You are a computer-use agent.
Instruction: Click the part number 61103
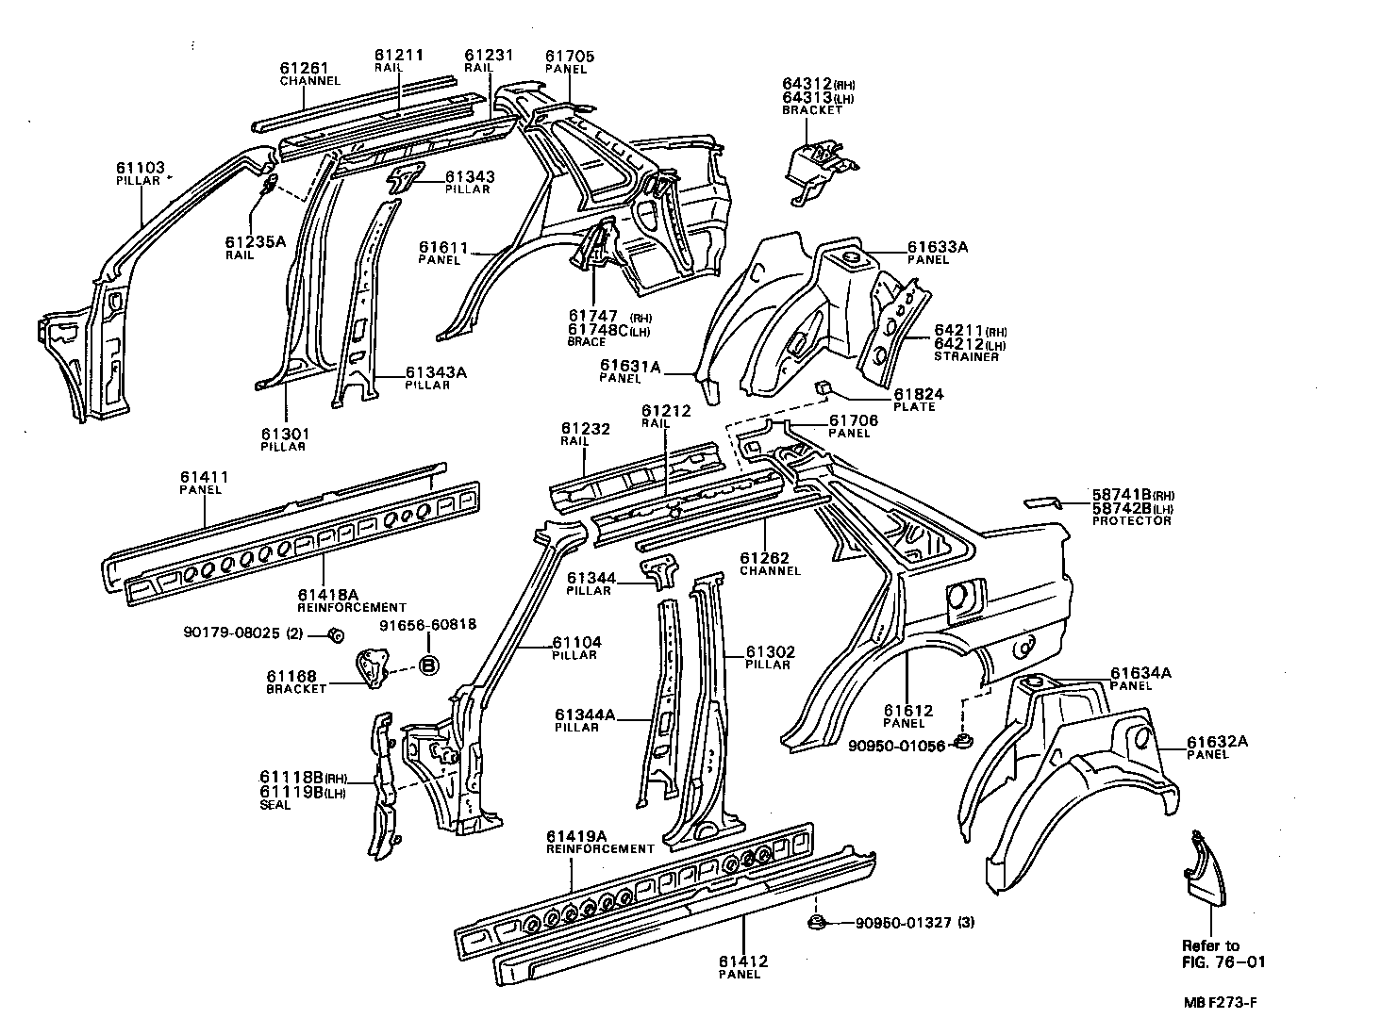point(140,168)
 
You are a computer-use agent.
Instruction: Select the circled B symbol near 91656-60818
point(428,665)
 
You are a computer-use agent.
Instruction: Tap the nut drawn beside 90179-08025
point(334,633)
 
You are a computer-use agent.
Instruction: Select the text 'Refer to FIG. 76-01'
point(1223,953)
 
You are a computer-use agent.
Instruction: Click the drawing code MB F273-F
point(1220,1003)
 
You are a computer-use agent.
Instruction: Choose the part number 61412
point(742,961)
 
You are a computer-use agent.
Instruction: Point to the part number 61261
point(304,68)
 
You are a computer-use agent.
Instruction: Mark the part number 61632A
point(1217,742)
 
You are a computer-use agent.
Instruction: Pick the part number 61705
point(570,57)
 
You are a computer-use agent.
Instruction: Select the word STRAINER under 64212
point(966,357)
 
